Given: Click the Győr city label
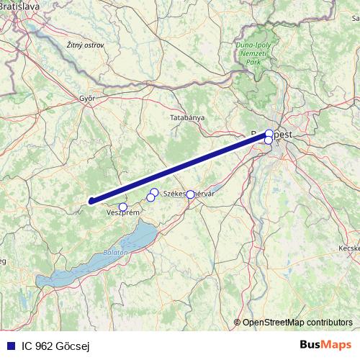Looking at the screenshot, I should pos(87,99).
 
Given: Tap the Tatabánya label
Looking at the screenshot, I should pos(187,117).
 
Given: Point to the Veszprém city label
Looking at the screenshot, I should pos(122,213).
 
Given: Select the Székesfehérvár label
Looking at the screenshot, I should pos(190,194).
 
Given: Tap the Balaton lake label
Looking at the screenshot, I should pos(115,252).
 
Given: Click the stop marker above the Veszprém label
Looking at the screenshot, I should pos(123,207).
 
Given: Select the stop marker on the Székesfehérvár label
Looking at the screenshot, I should pos(190,194).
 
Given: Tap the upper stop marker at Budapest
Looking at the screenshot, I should pos(269,133).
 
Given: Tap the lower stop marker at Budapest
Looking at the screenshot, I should pos(269,140).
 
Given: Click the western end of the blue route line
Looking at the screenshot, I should pos(91,202).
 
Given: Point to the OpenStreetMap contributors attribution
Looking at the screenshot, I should pos(297,322).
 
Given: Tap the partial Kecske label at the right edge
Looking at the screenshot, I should pos(348,248).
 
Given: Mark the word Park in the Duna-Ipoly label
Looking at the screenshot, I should pos(253,63).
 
